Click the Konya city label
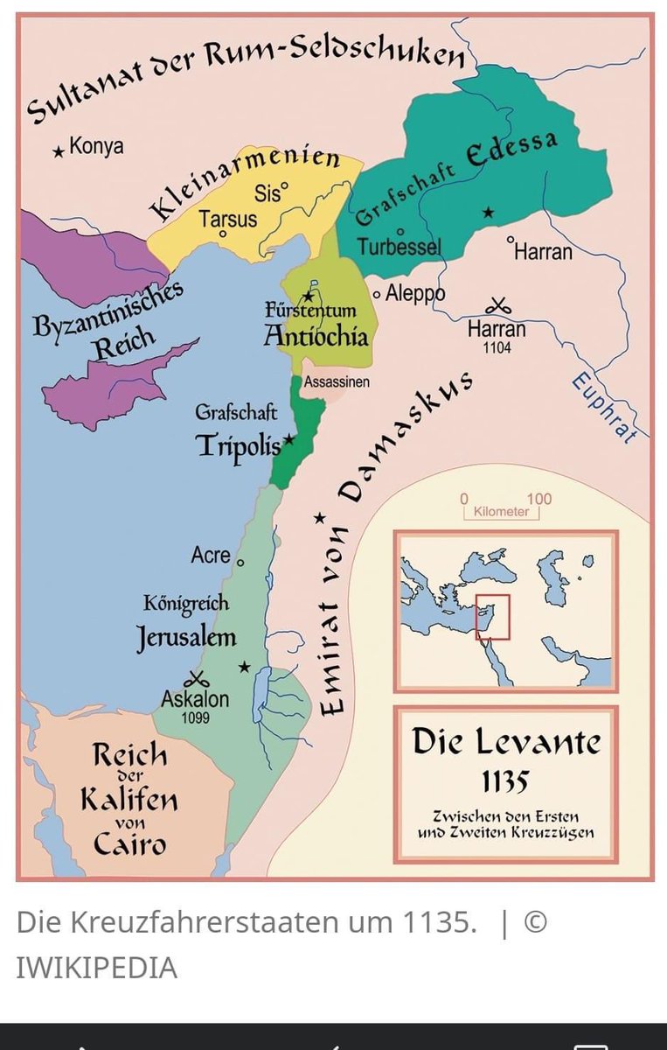click(x=96, y=147)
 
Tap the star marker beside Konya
click(x=59, y=151)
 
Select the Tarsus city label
click(x=228, y=218)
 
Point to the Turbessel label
click(x=399, y=247)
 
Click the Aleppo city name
click(x=415, y=293)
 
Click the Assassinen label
click(x=337, y=381)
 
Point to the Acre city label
click(x=211, y=555)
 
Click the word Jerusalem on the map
click(x=186, y=637)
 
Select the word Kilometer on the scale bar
click(x=501, y=512)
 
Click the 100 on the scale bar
click(x=539, y=499)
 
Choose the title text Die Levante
click(x=506, y=741)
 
